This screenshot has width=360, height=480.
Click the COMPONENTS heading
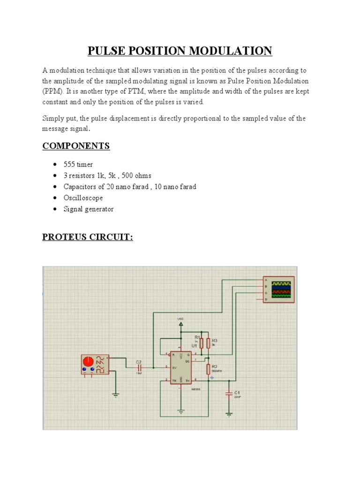point(76,146)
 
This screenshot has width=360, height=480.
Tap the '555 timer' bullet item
point(78,164)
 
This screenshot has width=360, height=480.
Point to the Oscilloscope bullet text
point(83,198)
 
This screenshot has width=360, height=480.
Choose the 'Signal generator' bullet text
point(89,209)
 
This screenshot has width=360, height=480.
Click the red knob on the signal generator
point(88,362)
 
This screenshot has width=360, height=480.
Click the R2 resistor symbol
point(208,368)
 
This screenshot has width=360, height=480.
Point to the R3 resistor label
point(215,340)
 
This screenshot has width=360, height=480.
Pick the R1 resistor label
point(197,337)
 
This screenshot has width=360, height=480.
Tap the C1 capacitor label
point(237,392)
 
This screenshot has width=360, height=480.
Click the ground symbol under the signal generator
point(116,395)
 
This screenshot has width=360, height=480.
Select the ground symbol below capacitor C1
point(229,414)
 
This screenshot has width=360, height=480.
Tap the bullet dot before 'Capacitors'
point(55,187)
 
